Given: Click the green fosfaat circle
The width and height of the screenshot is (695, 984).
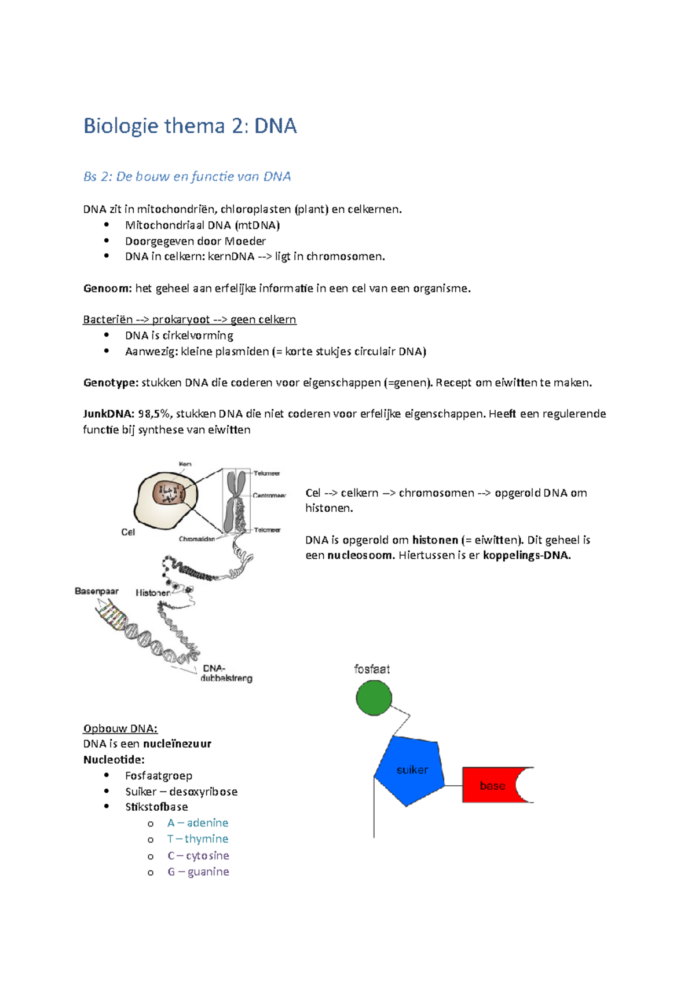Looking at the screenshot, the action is [x=373, y=698].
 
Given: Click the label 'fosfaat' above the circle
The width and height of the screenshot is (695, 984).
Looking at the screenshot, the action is [x=372, y=669].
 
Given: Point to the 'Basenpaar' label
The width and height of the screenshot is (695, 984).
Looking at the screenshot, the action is [x=97, y=591].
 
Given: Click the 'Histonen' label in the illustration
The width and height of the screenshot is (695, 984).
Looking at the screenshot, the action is [x=153, y=593].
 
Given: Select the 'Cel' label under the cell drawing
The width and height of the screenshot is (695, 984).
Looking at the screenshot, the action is [x=128, y=532].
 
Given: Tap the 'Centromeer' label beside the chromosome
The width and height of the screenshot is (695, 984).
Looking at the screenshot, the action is [x=269, y=495].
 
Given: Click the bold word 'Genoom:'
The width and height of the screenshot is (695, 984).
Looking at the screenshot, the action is [x=108, y=288].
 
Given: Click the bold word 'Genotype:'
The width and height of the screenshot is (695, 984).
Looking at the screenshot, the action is [x=111, y=382].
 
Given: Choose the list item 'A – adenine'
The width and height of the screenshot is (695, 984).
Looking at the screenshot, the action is [x=197, y=822].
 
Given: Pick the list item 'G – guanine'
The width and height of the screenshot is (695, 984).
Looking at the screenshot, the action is [x=199, y=871].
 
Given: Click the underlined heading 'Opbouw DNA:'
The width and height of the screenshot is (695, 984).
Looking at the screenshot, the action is [x=120, y=728].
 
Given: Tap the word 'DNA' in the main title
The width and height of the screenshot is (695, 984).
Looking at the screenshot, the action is [x=275, y=126].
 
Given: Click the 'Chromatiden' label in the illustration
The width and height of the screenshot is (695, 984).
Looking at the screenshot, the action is [x=197, y=538].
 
